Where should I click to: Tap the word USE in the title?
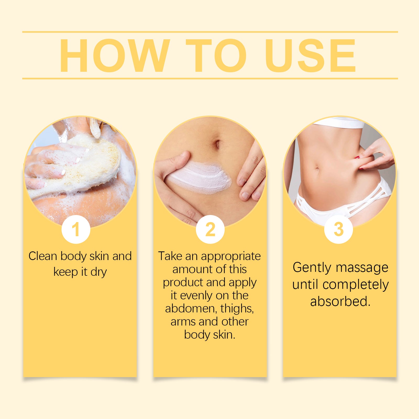pyautogui.click(x=310, y=56)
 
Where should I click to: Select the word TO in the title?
pyautogui.click(x=216, y=56)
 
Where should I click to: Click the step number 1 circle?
pyautogui.click(x=76, y=229)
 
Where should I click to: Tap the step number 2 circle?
pyautogui.click(x=210, y=229)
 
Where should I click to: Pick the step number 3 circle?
pyautogui.click(x=338, y=229)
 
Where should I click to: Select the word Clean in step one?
pyautogui.click(x=42, y=256)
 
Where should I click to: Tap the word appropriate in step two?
pyautogui.click(x=231, y=256)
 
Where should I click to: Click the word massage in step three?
pyautogui.click(x=362, y=268)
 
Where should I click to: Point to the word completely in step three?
pyautogui.click(x=356, y=285)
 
